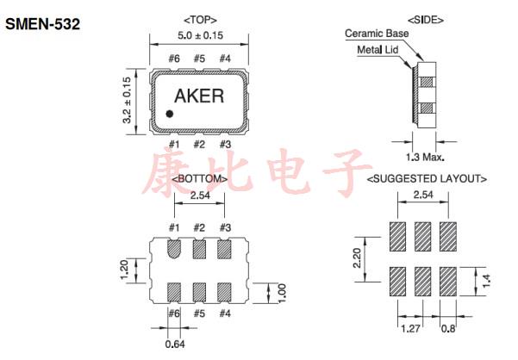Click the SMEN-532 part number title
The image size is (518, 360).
click(x=43, y=25)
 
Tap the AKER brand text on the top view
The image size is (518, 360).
click(x=199, y=96)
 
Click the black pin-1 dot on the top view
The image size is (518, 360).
click(x=171, y=113)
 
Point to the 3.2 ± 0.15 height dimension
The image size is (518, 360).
click(x=128, y=100)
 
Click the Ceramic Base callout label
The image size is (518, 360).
click(x=377, y=34)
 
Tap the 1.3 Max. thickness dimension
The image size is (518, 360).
click(x=424, y=158)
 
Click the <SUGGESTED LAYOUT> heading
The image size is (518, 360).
click(x=428, y=179)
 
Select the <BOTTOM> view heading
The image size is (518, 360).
click(x=199, y=179)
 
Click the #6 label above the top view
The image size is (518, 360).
click(x=173, y=59)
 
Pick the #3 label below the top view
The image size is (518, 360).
click(x=224, y=144)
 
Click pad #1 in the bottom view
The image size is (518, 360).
click(x=173, y=250)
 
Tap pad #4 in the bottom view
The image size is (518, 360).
click(x=224, y=290)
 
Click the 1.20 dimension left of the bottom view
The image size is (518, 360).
click(x=122, y=270)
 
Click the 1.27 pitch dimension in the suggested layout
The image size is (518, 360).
click(x=410, y=327)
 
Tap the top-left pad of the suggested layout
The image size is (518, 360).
click(x=397, y=235)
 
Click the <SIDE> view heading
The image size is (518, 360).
click(x=422, y=18)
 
